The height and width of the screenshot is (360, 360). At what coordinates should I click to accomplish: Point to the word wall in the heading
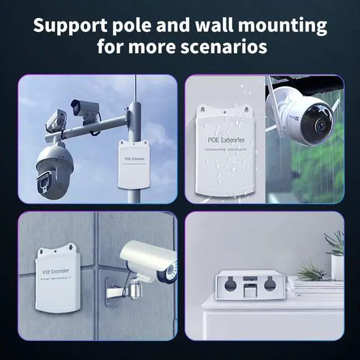215,26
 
